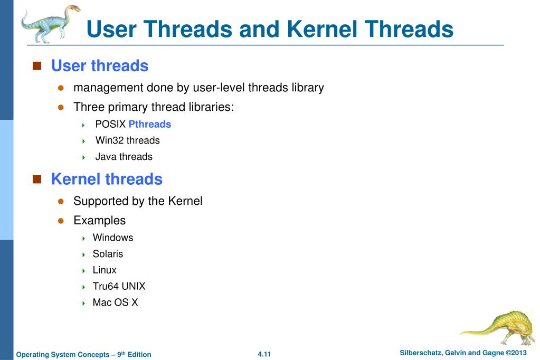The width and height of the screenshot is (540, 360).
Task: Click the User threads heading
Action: [x=99, y=66]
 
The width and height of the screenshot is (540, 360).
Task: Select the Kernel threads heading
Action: [x=107, y=179]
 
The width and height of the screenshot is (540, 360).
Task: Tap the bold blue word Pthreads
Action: [x=150, y=125]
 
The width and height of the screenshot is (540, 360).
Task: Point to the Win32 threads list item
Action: [x=127, y=140]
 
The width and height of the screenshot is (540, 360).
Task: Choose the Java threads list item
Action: [x=124, y=157]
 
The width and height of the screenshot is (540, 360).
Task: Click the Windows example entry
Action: [x=113, y=238]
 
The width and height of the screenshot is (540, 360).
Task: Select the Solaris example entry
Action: [x=108, y=254]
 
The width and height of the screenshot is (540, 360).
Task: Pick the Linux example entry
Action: [x=105, y=270]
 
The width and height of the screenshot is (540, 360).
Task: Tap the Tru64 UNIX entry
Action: [x=119, y=287]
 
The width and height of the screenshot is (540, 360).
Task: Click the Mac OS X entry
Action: [x=115, y=303]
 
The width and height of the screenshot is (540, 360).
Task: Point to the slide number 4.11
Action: [x=264, y=354]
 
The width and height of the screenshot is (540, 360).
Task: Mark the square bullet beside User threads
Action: [x=37, y=66]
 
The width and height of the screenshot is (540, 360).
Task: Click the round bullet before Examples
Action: [x=61, y=221]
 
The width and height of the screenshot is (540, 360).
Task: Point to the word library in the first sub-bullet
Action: [x=307, y=88]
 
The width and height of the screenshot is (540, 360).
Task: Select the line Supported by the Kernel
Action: [x=138, y=201]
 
